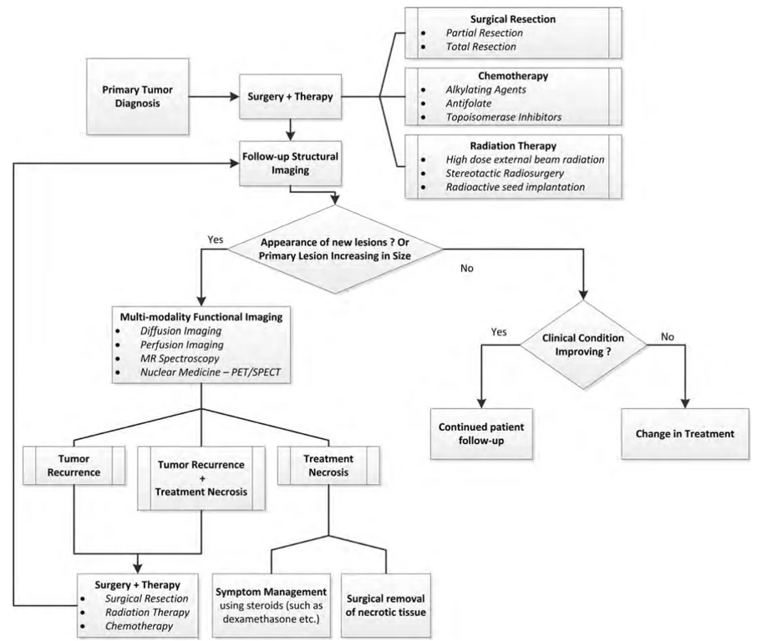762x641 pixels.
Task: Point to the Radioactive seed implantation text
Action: pos(514,187)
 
